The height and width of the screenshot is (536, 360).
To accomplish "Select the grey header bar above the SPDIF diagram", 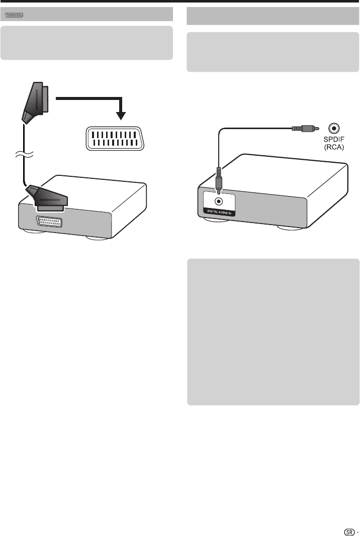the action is (x=273, y=16).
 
